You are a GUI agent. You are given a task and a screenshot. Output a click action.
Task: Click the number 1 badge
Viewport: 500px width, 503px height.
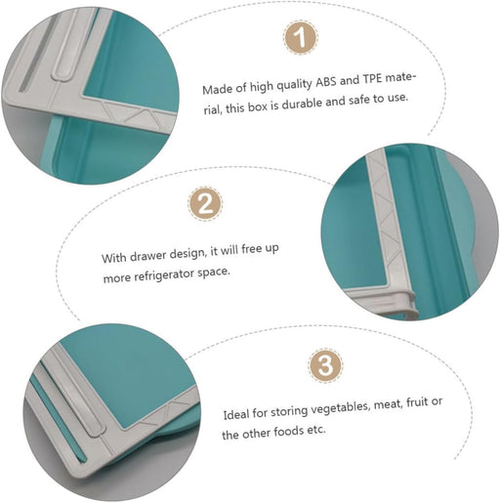pyautogui.click(x=300, y=39)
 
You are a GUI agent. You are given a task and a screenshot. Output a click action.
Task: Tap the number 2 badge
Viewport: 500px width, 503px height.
pyautogui.click(x=204, y=204)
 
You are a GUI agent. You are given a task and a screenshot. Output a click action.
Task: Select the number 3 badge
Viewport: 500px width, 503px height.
pyautogui.click(x=325, y=365)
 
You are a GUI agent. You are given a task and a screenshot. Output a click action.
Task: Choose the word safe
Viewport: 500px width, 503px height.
pyautogui.click(x=376, y=101)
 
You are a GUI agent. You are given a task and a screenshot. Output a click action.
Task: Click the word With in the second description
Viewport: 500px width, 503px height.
pyautogui.click(x=114, y=258)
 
